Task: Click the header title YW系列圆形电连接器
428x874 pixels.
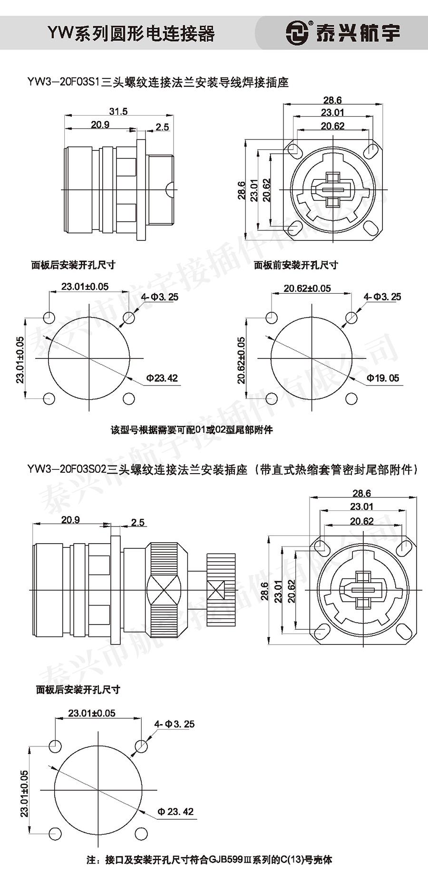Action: pos(131,33)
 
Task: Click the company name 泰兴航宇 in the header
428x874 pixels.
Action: pos(358,33)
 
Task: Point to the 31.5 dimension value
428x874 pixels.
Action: pos(118,111)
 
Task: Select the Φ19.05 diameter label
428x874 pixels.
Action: pos(383,378)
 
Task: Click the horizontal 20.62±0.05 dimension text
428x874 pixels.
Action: pos(307,288)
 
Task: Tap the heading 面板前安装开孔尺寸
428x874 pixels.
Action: pos(295,265)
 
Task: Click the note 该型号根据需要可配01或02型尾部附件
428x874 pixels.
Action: pos(192,430)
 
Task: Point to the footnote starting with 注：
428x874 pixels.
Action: pos(210,859)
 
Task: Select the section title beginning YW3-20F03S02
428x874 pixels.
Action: pos(223,470)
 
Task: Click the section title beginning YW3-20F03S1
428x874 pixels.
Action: pos(158,82)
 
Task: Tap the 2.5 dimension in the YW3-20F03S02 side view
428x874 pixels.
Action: pos(137,522)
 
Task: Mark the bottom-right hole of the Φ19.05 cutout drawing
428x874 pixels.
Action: pos(351,398)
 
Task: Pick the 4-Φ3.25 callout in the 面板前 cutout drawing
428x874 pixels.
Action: pos(382,297)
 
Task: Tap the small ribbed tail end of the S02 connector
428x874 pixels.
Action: pos(221,591)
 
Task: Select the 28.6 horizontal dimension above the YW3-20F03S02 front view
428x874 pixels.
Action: pos(361,493)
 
